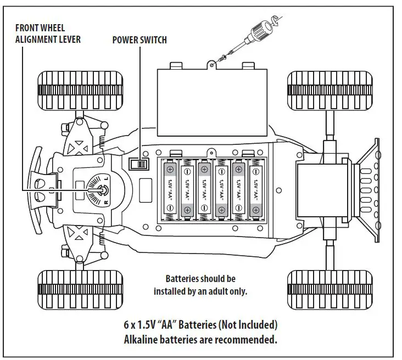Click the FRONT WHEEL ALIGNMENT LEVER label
pyautogui.click(x=47, y=34)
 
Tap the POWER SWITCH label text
pyautogui.click(x=139, y=40)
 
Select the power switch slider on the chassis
pyautogui.click(x=139, y=164)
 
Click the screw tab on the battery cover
pyautogui.click(x=211, y=65)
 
